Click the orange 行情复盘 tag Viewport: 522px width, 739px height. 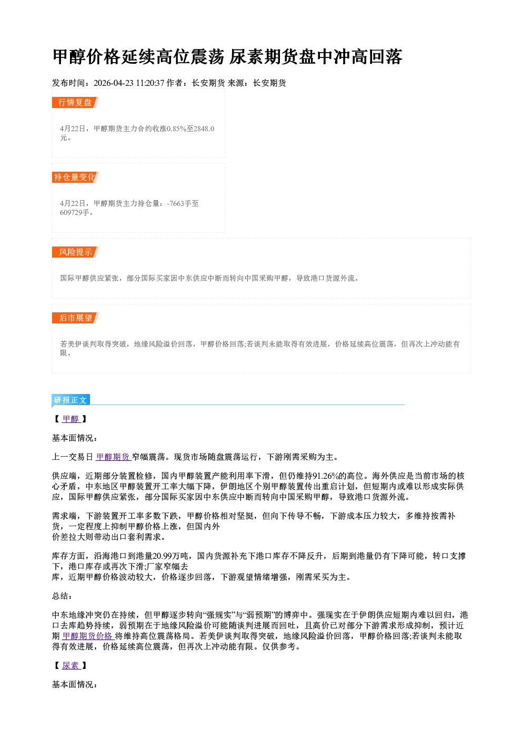click(x=75, y=102)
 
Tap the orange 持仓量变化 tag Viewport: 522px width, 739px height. click(x=75, y=177)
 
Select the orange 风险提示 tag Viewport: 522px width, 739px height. click(x=75, y=252)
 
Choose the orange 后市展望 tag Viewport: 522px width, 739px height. click(x=75, y=318)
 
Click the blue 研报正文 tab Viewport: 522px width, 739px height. click(x=71, y=400)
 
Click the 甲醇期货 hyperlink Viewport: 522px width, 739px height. click(x=114, y=457)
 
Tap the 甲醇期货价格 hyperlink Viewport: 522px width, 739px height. click(x=88, y=636)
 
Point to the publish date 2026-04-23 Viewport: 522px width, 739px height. click(x=114, y=83)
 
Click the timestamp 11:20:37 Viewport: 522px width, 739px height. click(x=150, y=83)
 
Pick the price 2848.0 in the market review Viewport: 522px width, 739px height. click(x=204, y=129)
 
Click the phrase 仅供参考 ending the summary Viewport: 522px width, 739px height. click(x=279, y=646)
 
